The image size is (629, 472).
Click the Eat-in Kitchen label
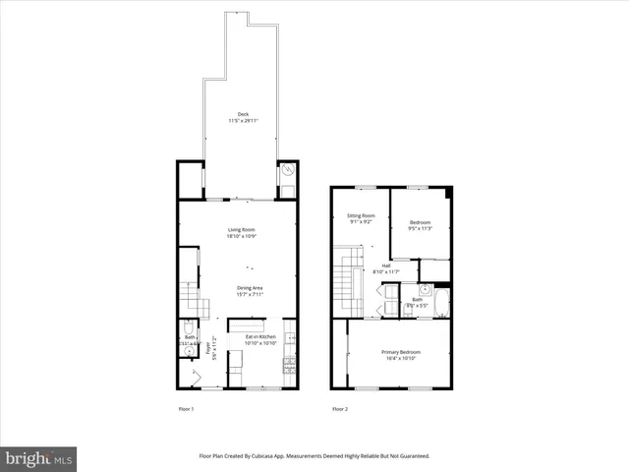pos(259,337)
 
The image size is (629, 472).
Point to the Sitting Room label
pos(361,215)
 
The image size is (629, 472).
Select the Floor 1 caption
pos(186,408)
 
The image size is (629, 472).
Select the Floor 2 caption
pos(340,408)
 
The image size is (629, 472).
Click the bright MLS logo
pos(39,458)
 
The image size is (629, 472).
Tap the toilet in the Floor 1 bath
pos(187,348)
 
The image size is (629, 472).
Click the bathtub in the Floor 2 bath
pos(441,302)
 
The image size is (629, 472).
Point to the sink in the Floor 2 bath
pos(426,291)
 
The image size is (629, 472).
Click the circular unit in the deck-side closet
pos(288,170)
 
